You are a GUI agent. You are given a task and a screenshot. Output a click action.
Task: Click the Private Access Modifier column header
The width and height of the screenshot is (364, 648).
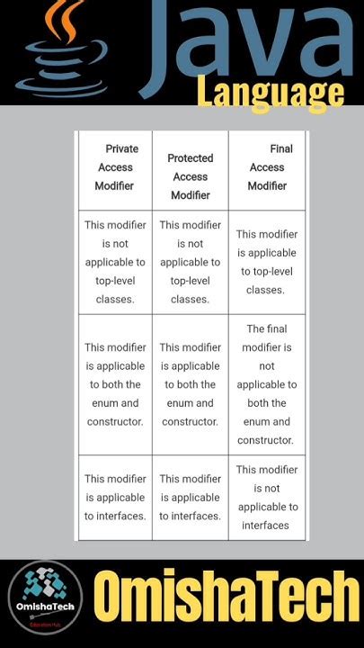115,167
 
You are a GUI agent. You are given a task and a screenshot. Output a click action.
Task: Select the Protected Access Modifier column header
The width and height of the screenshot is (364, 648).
190,176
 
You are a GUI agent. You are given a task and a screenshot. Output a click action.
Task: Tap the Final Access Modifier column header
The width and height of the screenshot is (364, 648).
267,167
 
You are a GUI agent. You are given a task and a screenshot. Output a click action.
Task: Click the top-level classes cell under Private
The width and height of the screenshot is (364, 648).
115,262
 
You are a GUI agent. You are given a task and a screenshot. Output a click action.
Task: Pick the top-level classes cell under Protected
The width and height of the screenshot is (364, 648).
190,262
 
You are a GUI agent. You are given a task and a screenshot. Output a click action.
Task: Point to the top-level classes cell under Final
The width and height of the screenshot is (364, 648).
267,262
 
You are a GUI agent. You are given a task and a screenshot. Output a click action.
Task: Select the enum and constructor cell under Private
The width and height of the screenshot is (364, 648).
115,384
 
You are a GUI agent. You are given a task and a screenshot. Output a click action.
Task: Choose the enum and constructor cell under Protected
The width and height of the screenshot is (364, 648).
190,384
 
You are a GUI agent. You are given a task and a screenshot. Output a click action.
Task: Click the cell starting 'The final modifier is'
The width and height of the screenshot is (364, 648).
267,384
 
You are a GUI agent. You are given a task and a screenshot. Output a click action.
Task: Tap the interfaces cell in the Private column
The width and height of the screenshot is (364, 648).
115,498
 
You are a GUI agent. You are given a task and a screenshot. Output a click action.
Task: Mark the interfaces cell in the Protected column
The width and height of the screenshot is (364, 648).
190,498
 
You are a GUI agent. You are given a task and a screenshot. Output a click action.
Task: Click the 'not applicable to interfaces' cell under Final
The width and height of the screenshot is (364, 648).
267,498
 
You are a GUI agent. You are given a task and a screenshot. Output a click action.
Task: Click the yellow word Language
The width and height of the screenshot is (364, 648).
271,94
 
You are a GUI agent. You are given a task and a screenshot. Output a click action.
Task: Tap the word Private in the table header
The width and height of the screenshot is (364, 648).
121,148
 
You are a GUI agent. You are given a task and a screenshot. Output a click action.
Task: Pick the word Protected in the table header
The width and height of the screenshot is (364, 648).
191,158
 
